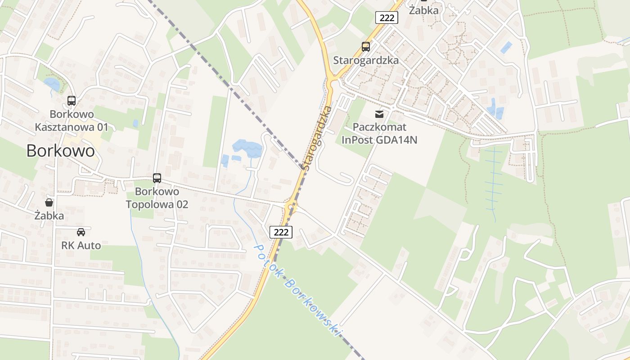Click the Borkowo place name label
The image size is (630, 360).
click(x=60, y=151)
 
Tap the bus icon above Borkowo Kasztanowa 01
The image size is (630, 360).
click(x=72, y=101)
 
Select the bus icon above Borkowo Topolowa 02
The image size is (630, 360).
click(x=157, y=178)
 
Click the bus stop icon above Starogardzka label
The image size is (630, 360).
click(x=365, y=47)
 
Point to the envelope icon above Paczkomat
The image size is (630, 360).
click(x=379, y=114)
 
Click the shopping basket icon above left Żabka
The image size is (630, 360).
click(x=49, y=202)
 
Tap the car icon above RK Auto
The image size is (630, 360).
click(x=81, y=232)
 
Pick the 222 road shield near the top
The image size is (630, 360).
click(x=387, y=18)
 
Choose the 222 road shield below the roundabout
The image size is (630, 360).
click(x=281, y=232)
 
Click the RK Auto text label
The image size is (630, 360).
click(x=81, y=246)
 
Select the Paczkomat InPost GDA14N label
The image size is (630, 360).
click(x=379, y=134)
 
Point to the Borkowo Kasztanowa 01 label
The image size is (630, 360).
click(x=72, y=121)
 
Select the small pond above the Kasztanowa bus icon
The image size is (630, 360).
click(x=52, y=84)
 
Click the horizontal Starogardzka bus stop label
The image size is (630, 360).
click(x=365, y=60)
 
